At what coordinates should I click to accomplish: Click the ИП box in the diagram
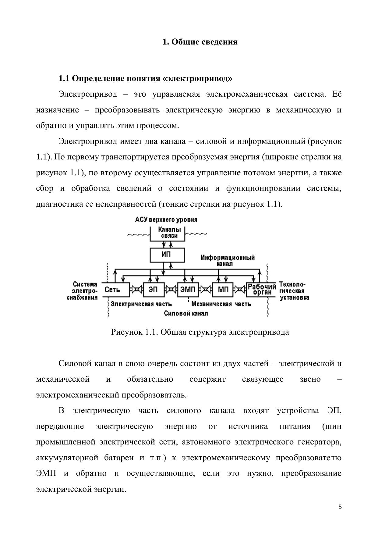167,255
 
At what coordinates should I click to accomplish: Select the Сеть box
116,290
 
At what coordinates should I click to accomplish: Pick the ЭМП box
188,290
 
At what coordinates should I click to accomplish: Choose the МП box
223,290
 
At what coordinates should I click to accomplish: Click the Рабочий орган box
261,290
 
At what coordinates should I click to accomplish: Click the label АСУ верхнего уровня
166,219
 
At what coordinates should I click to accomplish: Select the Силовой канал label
186,313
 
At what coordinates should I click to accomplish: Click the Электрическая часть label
141,304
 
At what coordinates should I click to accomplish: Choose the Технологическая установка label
294,291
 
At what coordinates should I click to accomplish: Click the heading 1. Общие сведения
200,42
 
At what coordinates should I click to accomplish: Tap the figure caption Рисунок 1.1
200,332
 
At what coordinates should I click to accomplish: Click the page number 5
340,507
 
